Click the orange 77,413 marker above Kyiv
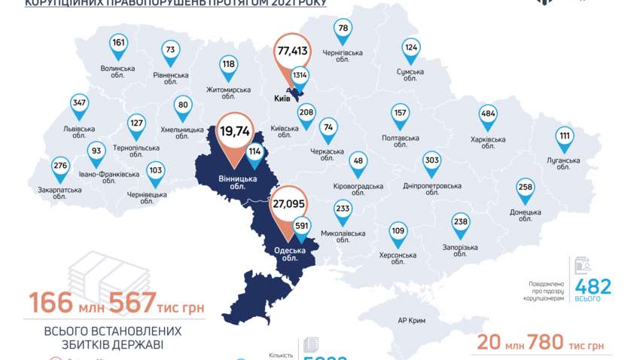click(x=293, y=51)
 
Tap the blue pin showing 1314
click(x=300, y=75)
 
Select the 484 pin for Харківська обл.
click(x=488, y=114)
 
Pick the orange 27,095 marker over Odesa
click(x=288, y=203)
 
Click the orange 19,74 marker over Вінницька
click(x=234, y=132)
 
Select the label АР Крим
click(x=412, y=321)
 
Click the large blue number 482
click(x=593, y=286)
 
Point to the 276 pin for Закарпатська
click(x=60, y=165)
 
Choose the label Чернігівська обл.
click(x=343, y=56)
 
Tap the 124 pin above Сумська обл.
click(x=410, y=47)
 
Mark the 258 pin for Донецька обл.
click(x=526, y=187)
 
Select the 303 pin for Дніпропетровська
click(x=432, y=160)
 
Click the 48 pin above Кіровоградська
click(x=358, y=160)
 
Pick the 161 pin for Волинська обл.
click(x=118, y=44)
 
